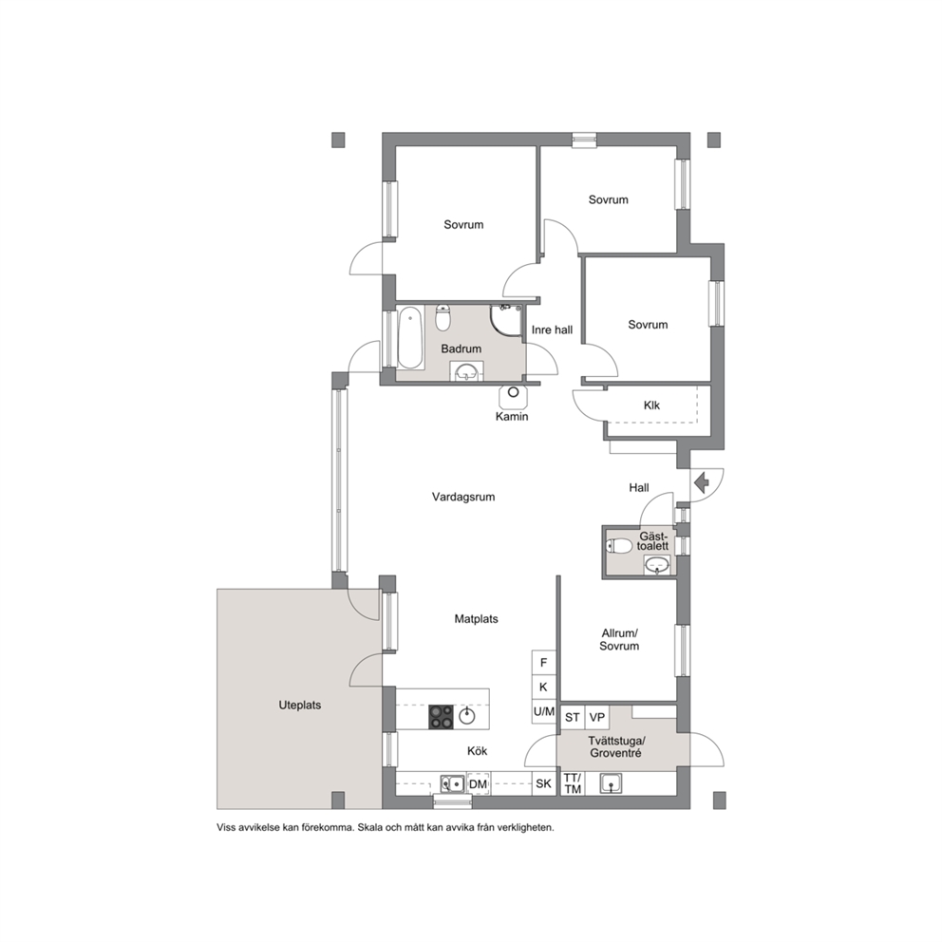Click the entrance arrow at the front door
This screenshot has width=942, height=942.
coord(702,482)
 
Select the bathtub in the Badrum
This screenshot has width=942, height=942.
coord(411,337)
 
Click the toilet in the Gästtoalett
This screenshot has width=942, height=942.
coord(619,546)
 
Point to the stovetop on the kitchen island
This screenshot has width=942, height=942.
coord(441,716)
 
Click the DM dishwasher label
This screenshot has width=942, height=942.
coord(479,784)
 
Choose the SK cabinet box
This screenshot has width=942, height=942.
coord(544,783)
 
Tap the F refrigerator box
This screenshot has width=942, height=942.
coord(544,663)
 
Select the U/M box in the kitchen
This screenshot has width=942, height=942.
coord(544,712)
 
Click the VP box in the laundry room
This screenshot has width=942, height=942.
coord(596,717)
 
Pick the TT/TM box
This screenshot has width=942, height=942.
coord(573,783)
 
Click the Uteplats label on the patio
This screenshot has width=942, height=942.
coord(300,706)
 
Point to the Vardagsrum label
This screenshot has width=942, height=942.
coord(463,497)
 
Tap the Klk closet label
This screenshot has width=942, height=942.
coord(651,405)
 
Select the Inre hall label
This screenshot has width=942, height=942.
coord(552,330)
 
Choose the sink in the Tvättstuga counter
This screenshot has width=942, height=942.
coord(611,783)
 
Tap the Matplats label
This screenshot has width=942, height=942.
coord(476,619)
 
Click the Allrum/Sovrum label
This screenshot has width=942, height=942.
coord(619,640)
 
